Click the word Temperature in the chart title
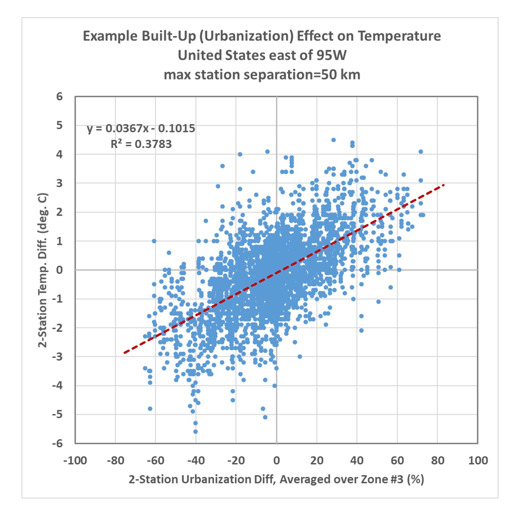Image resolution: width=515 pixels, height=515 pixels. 399,36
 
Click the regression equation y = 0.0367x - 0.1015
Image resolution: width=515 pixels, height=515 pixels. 141,128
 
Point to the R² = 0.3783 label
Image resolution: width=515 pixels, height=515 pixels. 141,144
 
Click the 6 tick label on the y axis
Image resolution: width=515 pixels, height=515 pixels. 59,97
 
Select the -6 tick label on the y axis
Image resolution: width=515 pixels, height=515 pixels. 57,443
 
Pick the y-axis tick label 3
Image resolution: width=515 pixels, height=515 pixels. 59,183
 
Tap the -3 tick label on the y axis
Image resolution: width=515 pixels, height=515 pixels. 57,357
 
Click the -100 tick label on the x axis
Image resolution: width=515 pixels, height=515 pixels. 75,460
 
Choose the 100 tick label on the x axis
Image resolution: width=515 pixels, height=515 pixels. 478,460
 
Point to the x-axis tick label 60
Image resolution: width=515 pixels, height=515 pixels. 397,460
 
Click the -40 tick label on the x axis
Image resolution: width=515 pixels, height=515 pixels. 196,460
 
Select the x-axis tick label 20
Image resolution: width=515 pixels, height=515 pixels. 317,460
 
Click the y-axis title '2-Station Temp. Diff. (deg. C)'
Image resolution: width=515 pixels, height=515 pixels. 43,270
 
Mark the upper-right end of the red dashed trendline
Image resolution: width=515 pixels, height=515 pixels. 444,185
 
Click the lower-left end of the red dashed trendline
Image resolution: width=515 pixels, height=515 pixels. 124,353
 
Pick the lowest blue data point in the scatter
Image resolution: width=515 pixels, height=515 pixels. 195,432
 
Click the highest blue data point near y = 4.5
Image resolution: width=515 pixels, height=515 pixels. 333,140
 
